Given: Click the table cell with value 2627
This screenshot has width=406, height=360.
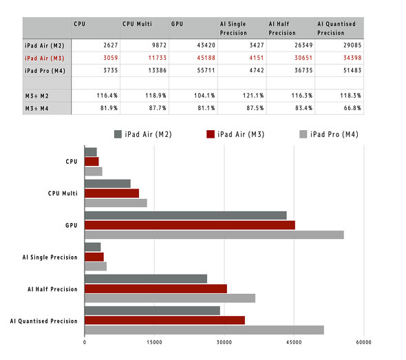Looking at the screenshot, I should (x=102, y=45).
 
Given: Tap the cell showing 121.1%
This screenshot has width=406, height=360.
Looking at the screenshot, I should (x=244, y=95).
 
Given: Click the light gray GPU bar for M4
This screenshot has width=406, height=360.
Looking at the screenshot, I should (x=214, y=235).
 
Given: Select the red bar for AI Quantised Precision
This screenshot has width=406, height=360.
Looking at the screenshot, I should (x=164, y=320).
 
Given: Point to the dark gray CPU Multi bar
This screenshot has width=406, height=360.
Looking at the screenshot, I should (x=107, y=184).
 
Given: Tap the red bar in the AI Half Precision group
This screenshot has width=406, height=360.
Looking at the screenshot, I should (x=156, y=288).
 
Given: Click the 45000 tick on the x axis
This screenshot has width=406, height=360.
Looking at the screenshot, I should (x=294, y=341).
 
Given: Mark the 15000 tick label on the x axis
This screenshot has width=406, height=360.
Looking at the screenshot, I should (x=154, y=341).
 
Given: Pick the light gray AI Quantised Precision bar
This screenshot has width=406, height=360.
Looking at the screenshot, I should (x=204, y=330).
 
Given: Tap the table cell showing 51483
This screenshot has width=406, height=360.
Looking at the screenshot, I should (x=350, y=70).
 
